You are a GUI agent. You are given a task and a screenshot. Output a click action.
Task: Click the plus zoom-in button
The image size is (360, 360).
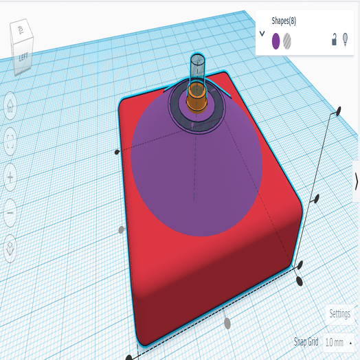[11, 178]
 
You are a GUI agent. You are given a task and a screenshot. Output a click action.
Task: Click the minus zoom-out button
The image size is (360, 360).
[11, 214]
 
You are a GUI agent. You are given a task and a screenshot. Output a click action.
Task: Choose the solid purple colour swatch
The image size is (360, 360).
[276, 41]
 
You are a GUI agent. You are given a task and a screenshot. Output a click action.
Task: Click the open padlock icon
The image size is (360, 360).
[335, 41]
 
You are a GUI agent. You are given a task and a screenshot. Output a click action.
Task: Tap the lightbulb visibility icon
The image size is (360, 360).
[346, 41]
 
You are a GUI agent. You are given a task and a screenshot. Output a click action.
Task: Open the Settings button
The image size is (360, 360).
[339, 313]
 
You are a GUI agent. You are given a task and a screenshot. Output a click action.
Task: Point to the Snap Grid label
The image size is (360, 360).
[306, 342]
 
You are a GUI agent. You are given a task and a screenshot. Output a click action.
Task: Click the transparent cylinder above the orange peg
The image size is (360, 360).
[197, 67]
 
